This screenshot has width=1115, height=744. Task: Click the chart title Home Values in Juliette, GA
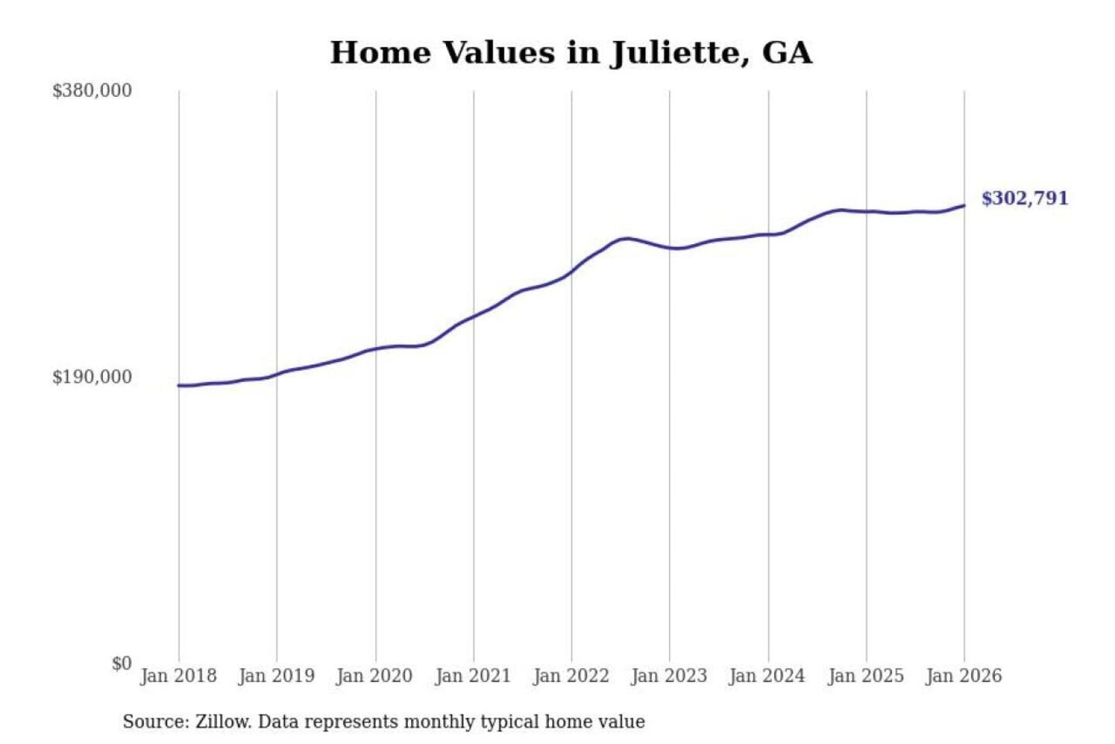coord(571,53)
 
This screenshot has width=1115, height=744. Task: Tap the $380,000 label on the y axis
coord(92,91)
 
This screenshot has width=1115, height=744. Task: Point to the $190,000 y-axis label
coord(92,377)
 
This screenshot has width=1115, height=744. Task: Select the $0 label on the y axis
coord(122,663)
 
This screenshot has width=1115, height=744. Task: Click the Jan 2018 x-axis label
coord(178,676)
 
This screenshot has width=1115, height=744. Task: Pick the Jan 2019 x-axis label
coord(276,676)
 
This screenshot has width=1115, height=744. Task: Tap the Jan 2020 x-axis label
coord(375,676)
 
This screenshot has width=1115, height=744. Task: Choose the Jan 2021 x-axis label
coord(473,676)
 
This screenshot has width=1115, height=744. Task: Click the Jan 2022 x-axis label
coord(571,676)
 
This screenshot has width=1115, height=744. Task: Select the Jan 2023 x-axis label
coord(669,676)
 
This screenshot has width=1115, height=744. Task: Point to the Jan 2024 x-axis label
coord(767,676)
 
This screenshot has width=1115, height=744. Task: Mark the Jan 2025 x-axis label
coord(866,676)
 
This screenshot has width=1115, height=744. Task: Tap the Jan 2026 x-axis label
coord(964,676)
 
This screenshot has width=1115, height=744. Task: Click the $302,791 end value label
coord(1024,198)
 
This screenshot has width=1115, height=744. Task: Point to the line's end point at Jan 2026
coord(964,205)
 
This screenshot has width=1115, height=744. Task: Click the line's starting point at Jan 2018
coord(179,385)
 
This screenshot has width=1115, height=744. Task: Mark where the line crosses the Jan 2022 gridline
coord(572,271)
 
